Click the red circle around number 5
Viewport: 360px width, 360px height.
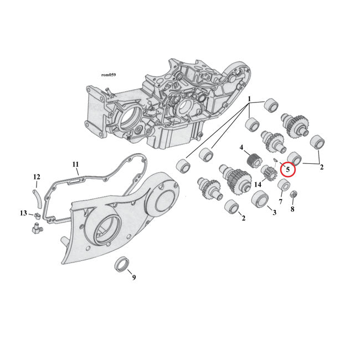click(288, 169)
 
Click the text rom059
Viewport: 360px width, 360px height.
click(109, 74)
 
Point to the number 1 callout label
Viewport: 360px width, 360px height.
click(250, 100)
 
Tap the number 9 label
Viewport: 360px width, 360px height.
click(133, 277)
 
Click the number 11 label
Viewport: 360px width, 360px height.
click(76, 164)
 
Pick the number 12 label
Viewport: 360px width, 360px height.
click(37, 177)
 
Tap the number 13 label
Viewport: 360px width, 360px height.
click(23, 213)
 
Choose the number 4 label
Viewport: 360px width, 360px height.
click(241, 147)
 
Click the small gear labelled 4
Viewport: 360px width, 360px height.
click(253, 161)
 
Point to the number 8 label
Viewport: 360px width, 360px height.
click(292, 209)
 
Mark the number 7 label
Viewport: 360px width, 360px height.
click(280, 202)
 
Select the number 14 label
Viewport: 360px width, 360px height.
click(258, 184)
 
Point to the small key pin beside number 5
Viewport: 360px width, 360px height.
click(275, 161)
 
